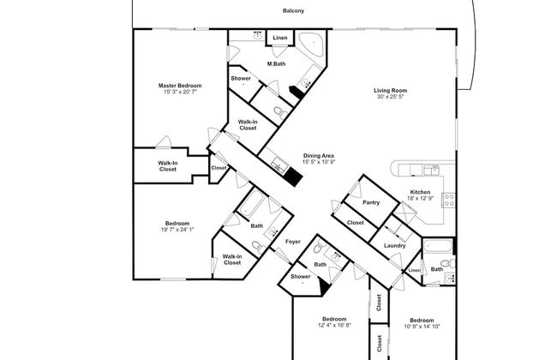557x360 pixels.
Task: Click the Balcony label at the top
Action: click(294, 11)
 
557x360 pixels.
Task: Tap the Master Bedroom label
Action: click(180, 85)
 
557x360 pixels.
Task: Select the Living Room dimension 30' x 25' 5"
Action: click(389, 97)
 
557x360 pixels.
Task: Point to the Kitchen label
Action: click(419, 191)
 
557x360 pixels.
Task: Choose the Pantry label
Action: click(371, 202)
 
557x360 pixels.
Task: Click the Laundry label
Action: click(394, 246)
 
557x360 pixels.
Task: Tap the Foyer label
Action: click(292, 243)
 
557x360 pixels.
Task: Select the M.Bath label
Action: click(276, 63)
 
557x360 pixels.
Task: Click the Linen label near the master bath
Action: click(279, 39)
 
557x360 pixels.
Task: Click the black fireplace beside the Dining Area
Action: click(294, 177)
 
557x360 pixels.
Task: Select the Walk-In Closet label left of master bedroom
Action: click(168, 165)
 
